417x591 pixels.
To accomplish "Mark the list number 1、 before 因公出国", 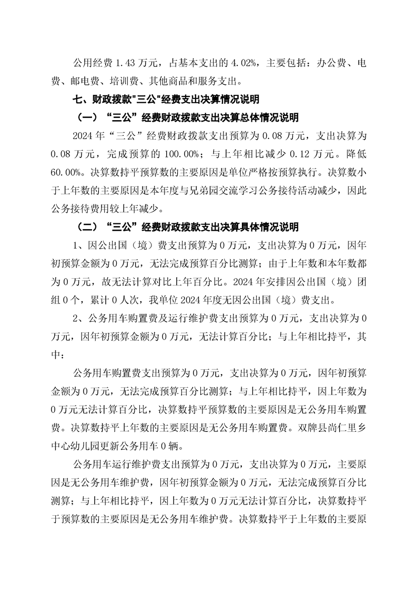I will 78,245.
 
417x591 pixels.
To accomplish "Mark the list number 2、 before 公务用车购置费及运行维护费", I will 78,319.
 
